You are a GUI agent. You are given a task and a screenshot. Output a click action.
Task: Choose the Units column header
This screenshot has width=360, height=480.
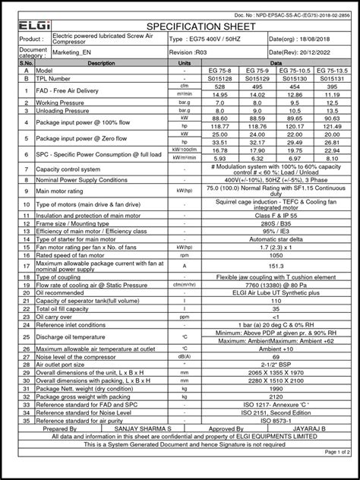[184, 64]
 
